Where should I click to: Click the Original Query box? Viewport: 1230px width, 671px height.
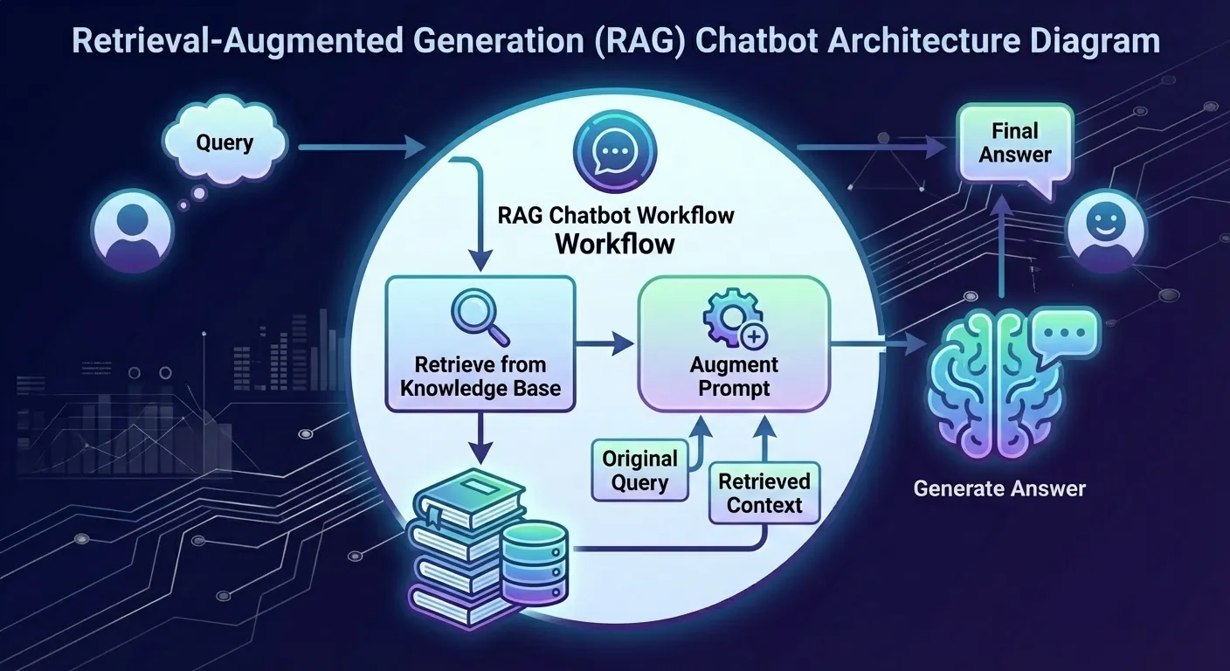point(639,470)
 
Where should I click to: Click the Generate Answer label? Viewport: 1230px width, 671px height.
point(999,488)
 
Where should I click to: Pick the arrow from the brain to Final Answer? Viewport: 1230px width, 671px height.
point(1001,253)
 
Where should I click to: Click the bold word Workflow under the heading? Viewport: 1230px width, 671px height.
point(615,244)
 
